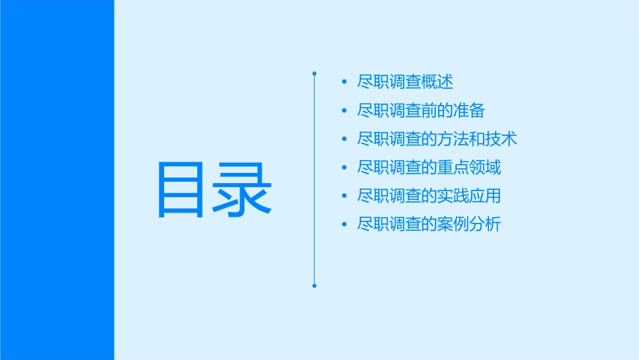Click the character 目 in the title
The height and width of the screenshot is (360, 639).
tap(180, 190)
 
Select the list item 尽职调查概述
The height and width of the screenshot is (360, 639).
tap(405, 82)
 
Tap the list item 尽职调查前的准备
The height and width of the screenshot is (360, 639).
tap(421, 110)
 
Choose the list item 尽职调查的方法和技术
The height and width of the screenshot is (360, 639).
tap(437, 139)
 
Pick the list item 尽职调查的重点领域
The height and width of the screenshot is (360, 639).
tap(429, 168)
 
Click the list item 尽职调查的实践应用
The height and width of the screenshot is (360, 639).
tap(429, 196)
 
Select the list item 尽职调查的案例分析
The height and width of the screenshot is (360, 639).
tap(429, 225)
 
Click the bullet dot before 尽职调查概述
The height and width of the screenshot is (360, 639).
tap(344, 82)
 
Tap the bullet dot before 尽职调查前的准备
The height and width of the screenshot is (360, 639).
tap(344, 110)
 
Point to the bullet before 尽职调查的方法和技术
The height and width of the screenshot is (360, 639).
tap(344, 139)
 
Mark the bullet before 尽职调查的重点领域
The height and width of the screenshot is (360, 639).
tap(344, 168)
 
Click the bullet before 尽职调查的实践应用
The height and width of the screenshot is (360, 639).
tap(344, 196)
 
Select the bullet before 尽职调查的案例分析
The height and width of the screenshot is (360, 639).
tap(344, 225)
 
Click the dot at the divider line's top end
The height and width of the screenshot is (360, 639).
tap(314, 73)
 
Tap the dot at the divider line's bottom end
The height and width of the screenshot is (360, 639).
tap(314, 286)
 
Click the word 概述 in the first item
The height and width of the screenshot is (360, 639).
tap(437, 82)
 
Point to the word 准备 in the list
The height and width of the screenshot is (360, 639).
tap(469, 110)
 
